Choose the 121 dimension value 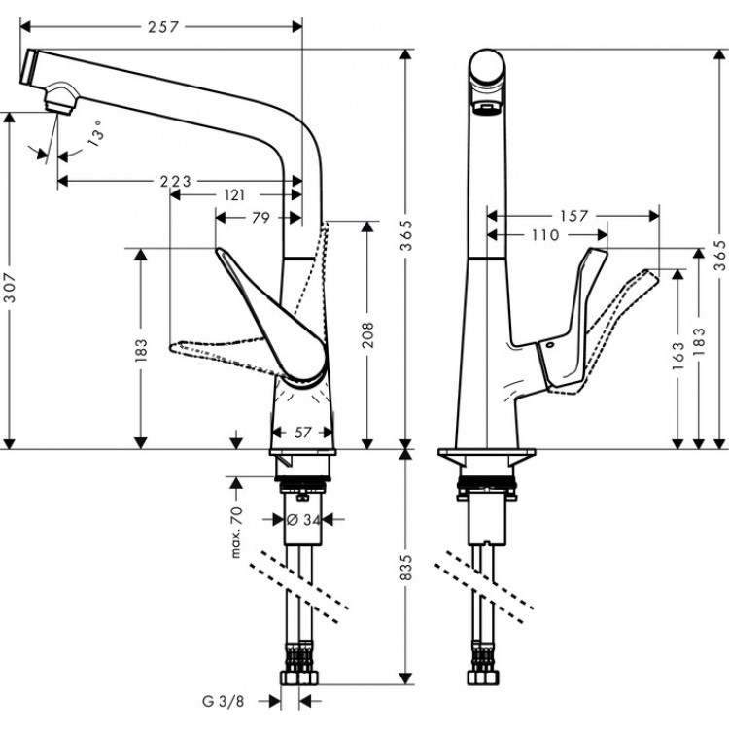(234, 194)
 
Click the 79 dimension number (260, 218)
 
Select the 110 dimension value (546, 234)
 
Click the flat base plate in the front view (486, 456)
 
